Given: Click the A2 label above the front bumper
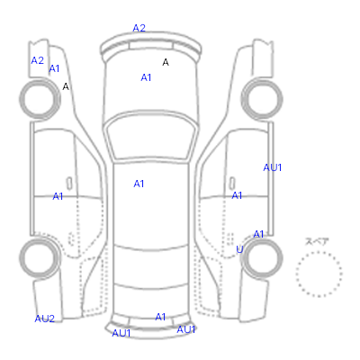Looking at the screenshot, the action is [x=139, y=28].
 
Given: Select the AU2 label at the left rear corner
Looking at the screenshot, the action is [x=45, y=319].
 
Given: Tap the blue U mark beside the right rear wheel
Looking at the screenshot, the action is [x=239, y=249].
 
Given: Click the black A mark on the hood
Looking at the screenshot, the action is [x=166, y=62].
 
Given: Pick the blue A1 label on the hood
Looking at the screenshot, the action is [x=146, y=77].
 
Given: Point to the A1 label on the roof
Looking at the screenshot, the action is [x=139, y=184].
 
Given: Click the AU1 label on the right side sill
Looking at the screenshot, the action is [x=273, y=167].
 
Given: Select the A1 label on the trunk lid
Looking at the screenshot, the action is [x=160, y=317].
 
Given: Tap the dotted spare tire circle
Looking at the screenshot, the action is [x=319, y=252].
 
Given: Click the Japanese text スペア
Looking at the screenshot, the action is [x=317, y=241].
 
